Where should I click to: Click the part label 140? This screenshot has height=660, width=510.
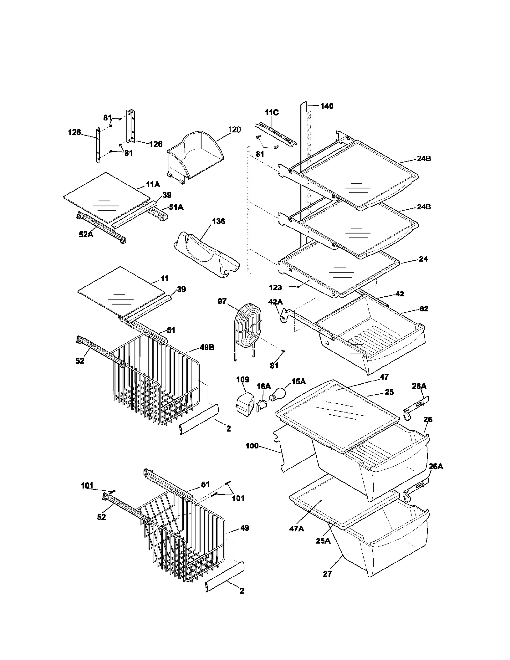click(x=326, y=106)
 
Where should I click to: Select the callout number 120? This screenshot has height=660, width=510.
click(x=234, y=130)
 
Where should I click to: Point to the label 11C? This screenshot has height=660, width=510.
click(x=272, y=112)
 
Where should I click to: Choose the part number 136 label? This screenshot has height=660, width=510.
click(x=218, y=221)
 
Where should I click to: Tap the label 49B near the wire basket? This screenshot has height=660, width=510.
click(x=207, y=347)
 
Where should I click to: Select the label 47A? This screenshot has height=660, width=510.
click(x=296, y=529)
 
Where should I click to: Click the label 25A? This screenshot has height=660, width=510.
click(x=323, y=541)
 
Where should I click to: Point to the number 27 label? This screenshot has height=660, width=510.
click(x=327, y=574)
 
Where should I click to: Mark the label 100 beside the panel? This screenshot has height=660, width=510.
click(x=252, y=446)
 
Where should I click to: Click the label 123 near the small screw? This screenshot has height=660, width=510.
click(x=275, y=287)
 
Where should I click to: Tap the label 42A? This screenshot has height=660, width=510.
click(x=275, y=301)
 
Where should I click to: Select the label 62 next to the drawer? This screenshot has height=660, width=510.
click(x=424, y=309)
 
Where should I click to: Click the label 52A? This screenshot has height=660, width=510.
click(x=86, y=235)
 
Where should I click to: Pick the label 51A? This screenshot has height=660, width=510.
click(x=176, y=207)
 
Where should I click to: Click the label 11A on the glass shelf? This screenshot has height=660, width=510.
click(x=153, y=184)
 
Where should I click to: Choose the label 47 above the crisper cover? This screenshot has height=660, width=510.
click(x=384, y=377)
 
